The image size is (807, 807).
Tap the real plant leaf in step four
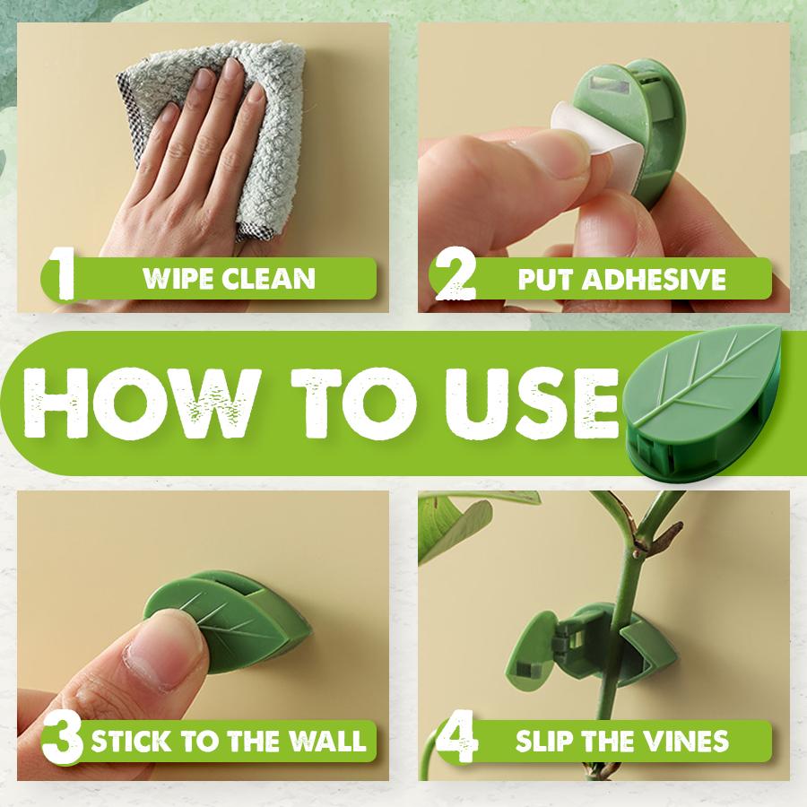point(453,529)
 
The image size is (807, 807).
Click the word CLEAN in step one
point(271,278)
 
